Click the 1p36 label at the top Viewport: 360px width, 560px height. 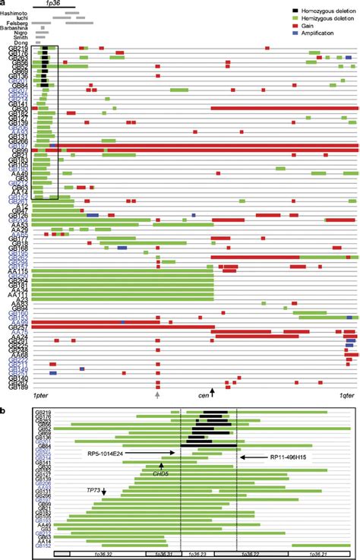pyautogui.click(x=53, y=4)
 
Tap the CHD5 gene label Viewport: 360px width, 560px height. pyautogui.click(x=161, y=472)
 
